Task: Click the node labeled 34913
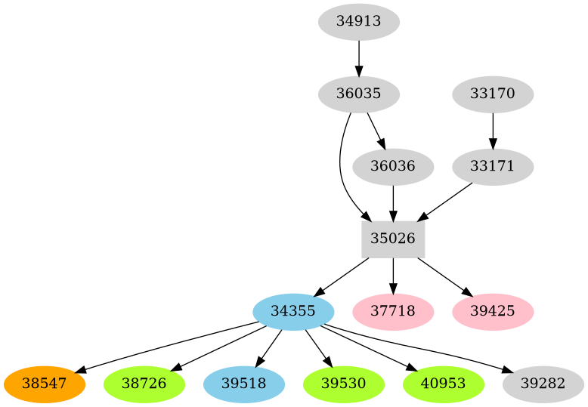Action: pyautogui.click(x=358, y=22)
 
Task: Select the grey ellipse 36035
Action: pyautogui.click(x=358, y=94)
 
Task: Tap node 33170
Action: pyautogui.click(x=493, y=94)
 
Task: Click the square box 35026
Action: pyautogui.click(x=393, y=239)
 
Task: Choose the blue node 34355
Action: pyautogui.click(x=293, y=311)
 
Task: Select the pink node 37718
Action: pyautogui.click(x=393, y=311)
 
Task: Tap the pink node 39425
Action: pyautogui.click(x=493, y=311)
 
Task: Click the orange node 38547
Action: pyautogui.click(x=44, y=384)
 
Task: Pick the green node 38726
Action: pyautogui.click(x=144, y=384)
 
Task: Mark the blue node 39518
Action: pyautogui.click(x=243, y=384)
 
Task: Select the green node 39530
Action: pyautogui.click(x=343, y=384)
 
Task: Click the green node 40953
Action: pyautogui.click(x=443, y=384)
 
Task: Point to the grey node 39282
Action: pyautogui.click(x=543, y=384)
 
